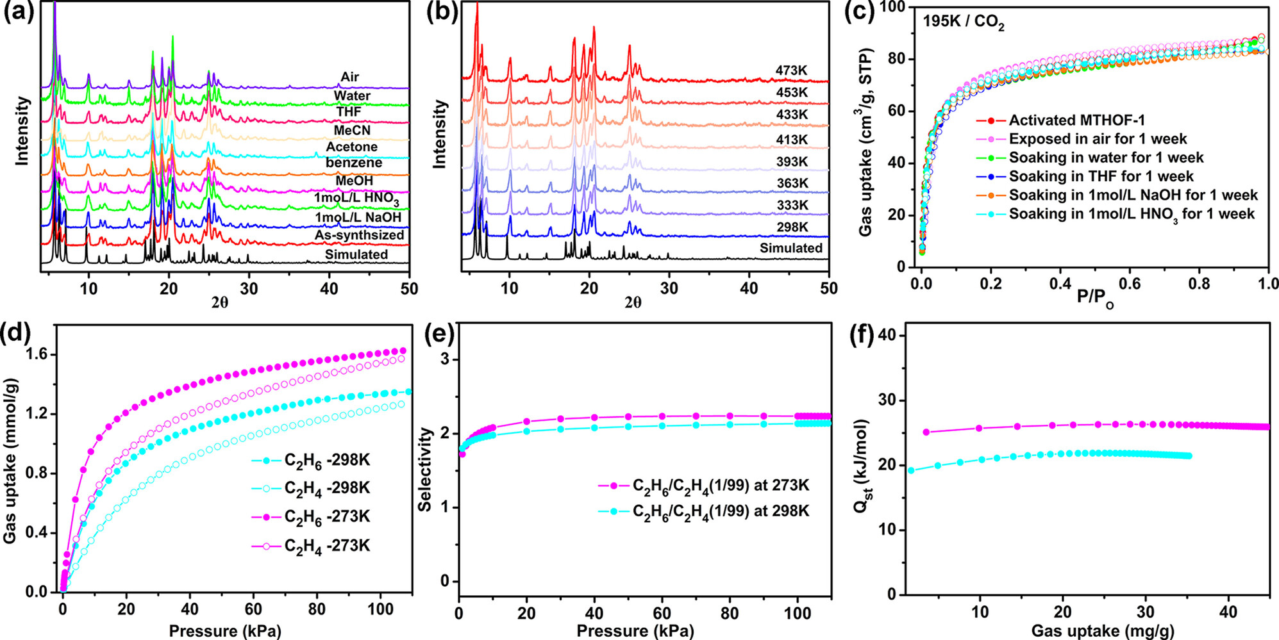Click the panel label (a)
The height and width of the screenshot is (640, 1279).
click(x=19, y=13)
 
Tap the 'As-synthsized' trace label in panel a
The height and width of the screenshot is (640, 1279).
click(x=359, y=235)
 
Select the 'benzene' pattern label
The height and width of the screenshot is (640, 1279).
click(x=353, y=163)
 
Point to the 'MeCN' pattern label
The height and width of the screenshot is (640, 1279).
click(x=352, y=131)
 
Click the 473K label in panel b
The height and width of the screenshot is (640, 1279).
click(x=791, y=70)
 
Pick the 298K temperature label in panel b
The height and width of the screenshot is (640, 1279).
click(x=792, y=227)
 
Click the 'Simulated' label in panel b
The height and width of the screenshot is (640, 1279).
click(x=791, y=248)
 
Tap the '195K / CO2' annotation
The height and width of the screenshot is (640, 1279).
click(x=963, y=22)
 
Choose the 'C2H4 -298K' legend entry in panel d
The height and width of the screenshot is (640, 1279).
click(x=326, y=489)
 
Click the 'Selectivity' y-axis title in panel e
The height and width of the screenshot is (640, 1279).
click(x=424, y=469)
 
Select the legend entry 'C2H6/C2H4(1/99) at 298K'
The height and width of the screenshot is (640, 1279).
click(x=720, y=512)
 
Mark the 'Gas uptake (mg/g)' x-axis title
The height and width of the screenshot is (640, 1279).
click(x=1103, y=631)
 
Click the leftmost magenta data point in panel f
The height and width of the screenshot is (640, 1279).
click(x=926, y=432)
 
